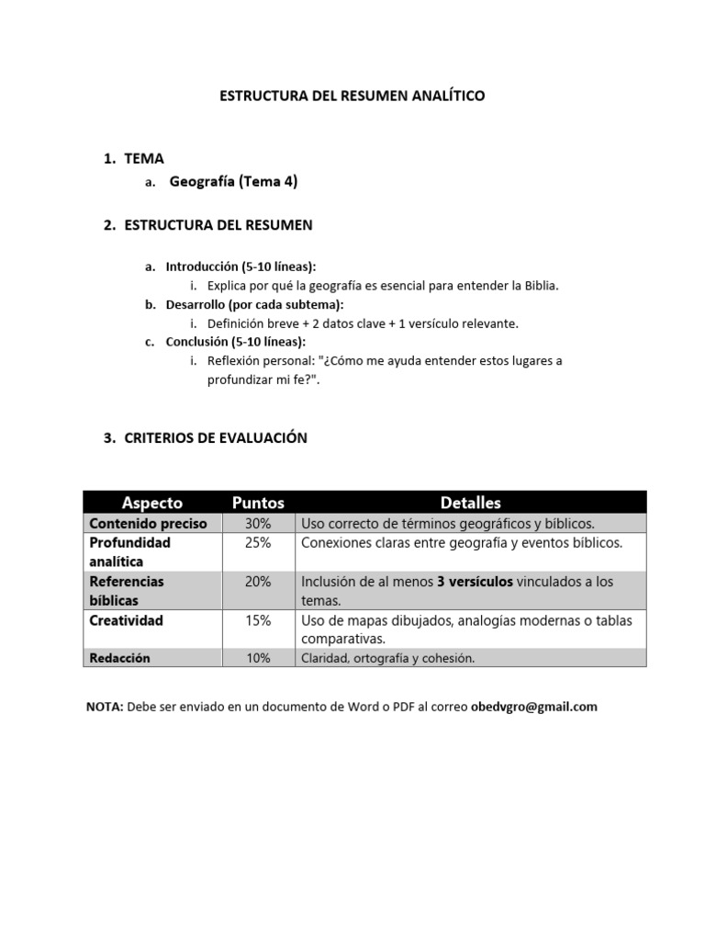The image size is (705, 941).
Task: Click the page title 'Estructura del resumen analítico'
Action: coord(352,96)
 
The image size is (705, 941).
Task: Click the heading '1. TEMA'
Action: coord(134,159)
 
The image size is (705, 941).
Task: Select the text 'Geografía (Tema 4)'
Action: coord(233,182)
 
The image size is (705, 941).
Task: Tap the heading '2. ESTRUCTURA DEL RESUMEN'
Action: coord(207,225)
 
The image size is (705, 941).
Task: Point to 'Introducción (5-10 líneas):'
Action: coord(241,266)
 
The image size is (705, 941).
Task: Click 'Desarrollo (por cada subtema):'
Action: coord(254,304)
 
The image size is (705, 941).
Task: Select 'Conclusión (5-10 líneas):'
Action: coord(235,342)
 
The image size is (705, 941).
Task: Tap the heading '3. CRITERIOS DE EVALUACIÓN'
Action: coord(205,438)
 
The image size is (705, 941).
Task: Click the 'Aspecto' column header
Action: coord(152,503)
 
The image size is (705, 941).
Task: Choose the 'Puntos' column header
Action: coord(258,503)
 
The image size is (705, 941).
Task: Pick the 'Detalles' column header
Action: coord(470,503)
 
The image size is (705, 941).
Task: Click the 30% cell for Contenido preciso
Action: coord(258,524)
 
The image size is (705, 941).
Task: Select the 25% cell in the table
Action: coord(258,543)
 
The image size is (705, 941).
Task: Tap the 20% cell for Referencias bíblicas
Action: coord(258,582)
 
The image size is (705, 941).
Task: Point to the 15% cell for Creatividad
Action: coord(258,621)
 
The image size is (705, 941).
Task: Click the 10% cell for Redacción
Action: coord(258,658)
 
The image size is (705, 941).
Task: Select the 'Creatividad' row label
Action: coord(126,621)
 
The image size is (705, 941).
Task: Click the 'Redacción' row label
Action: coord(119,658)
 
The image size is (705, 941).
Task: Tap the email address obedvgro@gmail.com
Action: coord(533,707)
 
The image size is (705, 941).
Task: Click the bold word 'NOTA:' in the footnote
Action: coord(105,707)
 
